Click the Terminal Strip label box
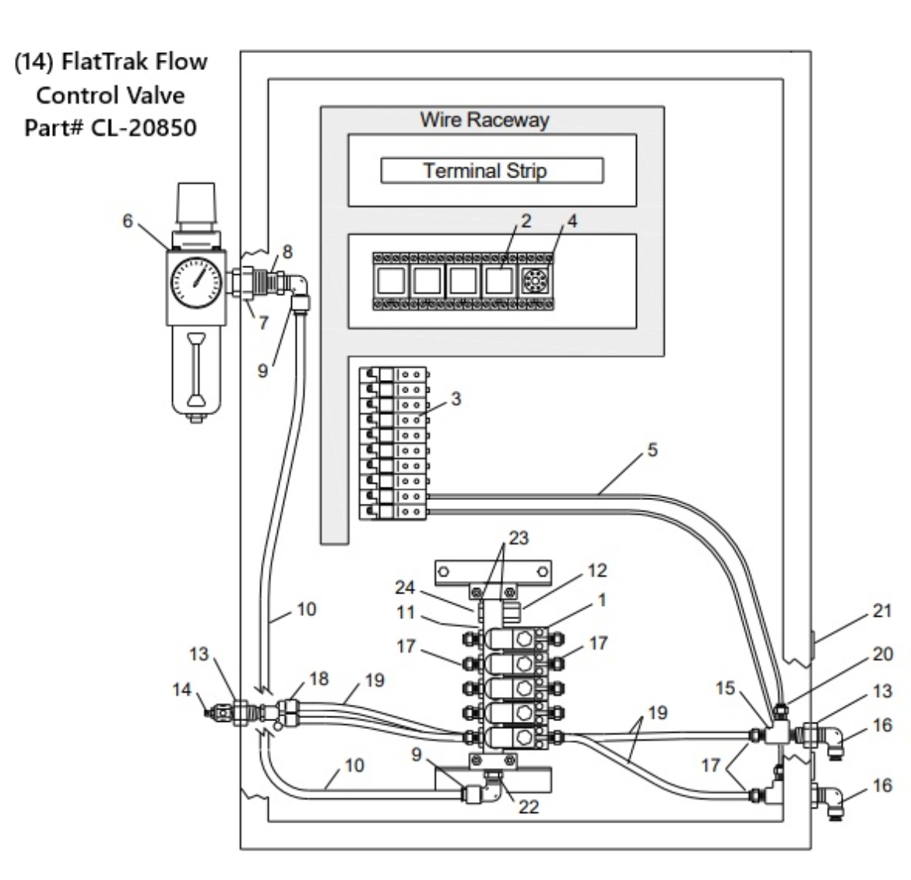click(491, 171)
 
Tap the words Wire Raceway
click(484, 120)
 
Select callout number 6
click(128, 220)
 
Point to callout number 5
click(652, 449)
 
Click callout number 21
click(881, 611)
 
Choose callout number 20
click(881, 654)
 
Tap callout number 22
click(529, 807)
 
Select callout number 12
click(596, 570)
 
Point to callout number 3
click(456, 399)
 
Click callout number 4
click(572, 220)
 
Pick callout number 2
click(526, 220)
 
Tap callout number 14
click(181, 689)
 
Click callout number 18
click(319, 678)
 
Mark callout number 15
click(726, 688)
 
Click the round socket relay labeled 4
click(536, 281)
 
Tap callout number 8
click(287, 252)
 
